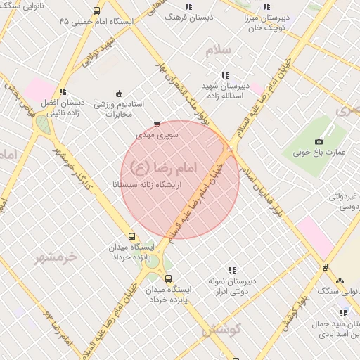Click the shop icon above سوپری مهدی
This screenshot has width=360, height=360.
156,124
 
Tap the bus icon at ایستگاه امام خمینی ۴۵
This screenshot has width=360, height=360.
96,11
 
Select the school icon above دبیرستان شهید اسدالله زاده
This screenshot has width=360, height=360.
224,75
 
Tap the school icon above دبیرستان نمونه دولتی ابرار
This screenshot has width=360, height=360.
232,270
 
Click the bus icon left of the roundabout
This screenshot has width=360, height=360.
131,236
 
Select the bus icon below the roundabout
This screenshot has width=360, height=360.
167,278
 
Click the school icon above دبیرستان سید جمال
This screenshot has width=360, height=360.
343,313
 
